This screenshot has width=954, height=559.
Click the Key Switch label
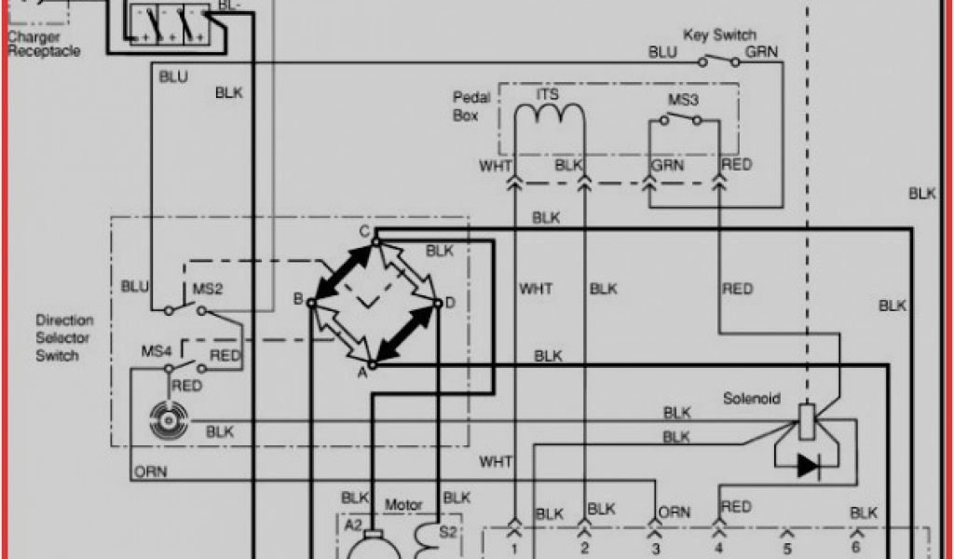coord(719,35)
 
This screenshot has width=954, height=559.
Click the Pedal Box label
coord(466,106)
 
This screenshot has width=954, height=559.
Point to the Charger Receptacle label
coord(44,44)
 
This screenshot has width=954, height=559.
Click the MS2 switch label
coord(207,289)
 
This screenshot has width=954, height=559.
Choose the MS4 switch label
coord(155,351)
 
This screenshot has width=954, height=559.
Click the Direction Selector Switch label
coord(64,337)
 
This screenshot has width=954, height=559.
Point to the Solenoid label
coord(752,399)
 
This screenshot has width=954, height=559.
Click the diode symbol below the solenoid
coord(807,466)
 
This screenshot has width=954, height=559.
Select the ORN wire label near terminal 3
coord(674,512)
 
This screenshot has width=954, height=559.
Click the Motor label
coord(403,505)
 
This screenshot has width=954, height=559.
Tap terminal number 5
coord(787,548)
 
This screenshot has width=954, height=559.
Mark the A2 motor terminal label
coord(352,525)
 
